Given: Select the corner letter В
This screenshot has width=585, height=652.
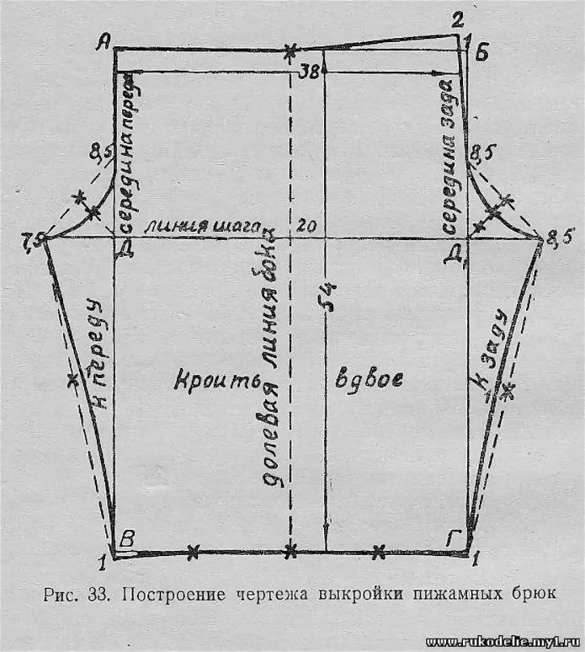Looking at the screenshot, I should pos(127,540).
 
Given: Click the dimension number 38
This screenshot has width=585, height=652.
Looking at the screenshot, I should pos(307,72).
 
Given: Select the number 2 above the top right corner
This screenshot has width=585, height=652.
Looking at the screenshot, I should pos(457,19).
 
